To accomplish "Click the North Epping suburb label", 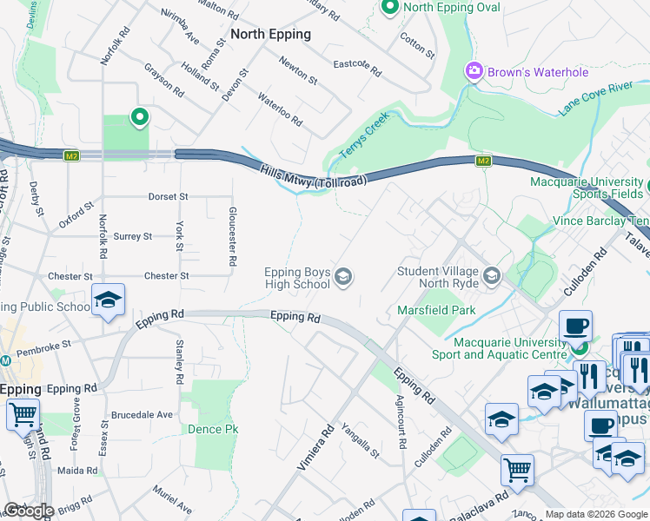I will coord(270,34).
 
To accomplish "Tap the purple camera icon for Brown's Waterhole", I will coord(474,71).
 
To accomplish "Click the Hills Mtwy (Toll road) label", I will coord(313,176).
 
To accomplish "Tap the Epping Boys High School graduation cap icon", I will coord(343,277).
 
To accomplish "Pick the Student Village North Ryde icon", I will coord(492,276).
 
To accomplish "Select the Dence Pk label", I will coord(212,429).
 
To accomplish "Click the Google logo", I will coord(29,511).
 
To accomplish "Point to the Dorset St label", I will coord(168,197).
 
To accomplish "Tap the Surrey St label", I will coord(133,236).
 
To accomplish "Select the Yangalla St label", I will coord(361,439).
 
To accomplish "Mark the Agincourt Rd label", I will coord(401,422).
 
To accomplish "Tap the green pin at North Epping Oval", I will coord(390,8).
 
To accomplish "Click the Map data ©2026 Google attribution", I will coord(596,514).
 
